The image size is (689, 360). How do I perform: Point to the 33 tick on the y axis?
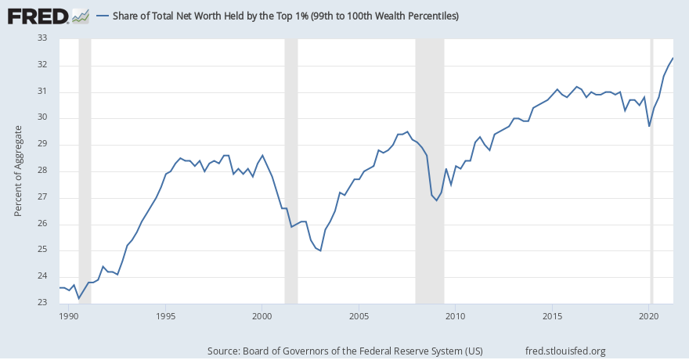tap(43, 38)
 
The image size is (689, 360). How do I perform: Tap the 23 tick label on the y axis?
tap(43, 303)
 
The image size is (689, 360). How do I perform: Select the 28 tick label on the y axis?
tap(43, 171)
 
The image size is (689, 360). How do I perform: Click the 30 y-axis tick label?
tap(43, 118)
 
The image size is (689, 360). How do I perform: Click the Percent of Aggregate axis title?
tap(18, 171)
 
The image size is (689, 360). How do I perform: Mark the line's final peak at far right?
tap(673, 59)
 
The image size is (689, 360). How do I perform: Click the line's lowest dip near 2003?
tap(320, 250)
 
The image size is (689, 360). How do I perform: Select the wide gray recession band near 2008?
tap(429, 171)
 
